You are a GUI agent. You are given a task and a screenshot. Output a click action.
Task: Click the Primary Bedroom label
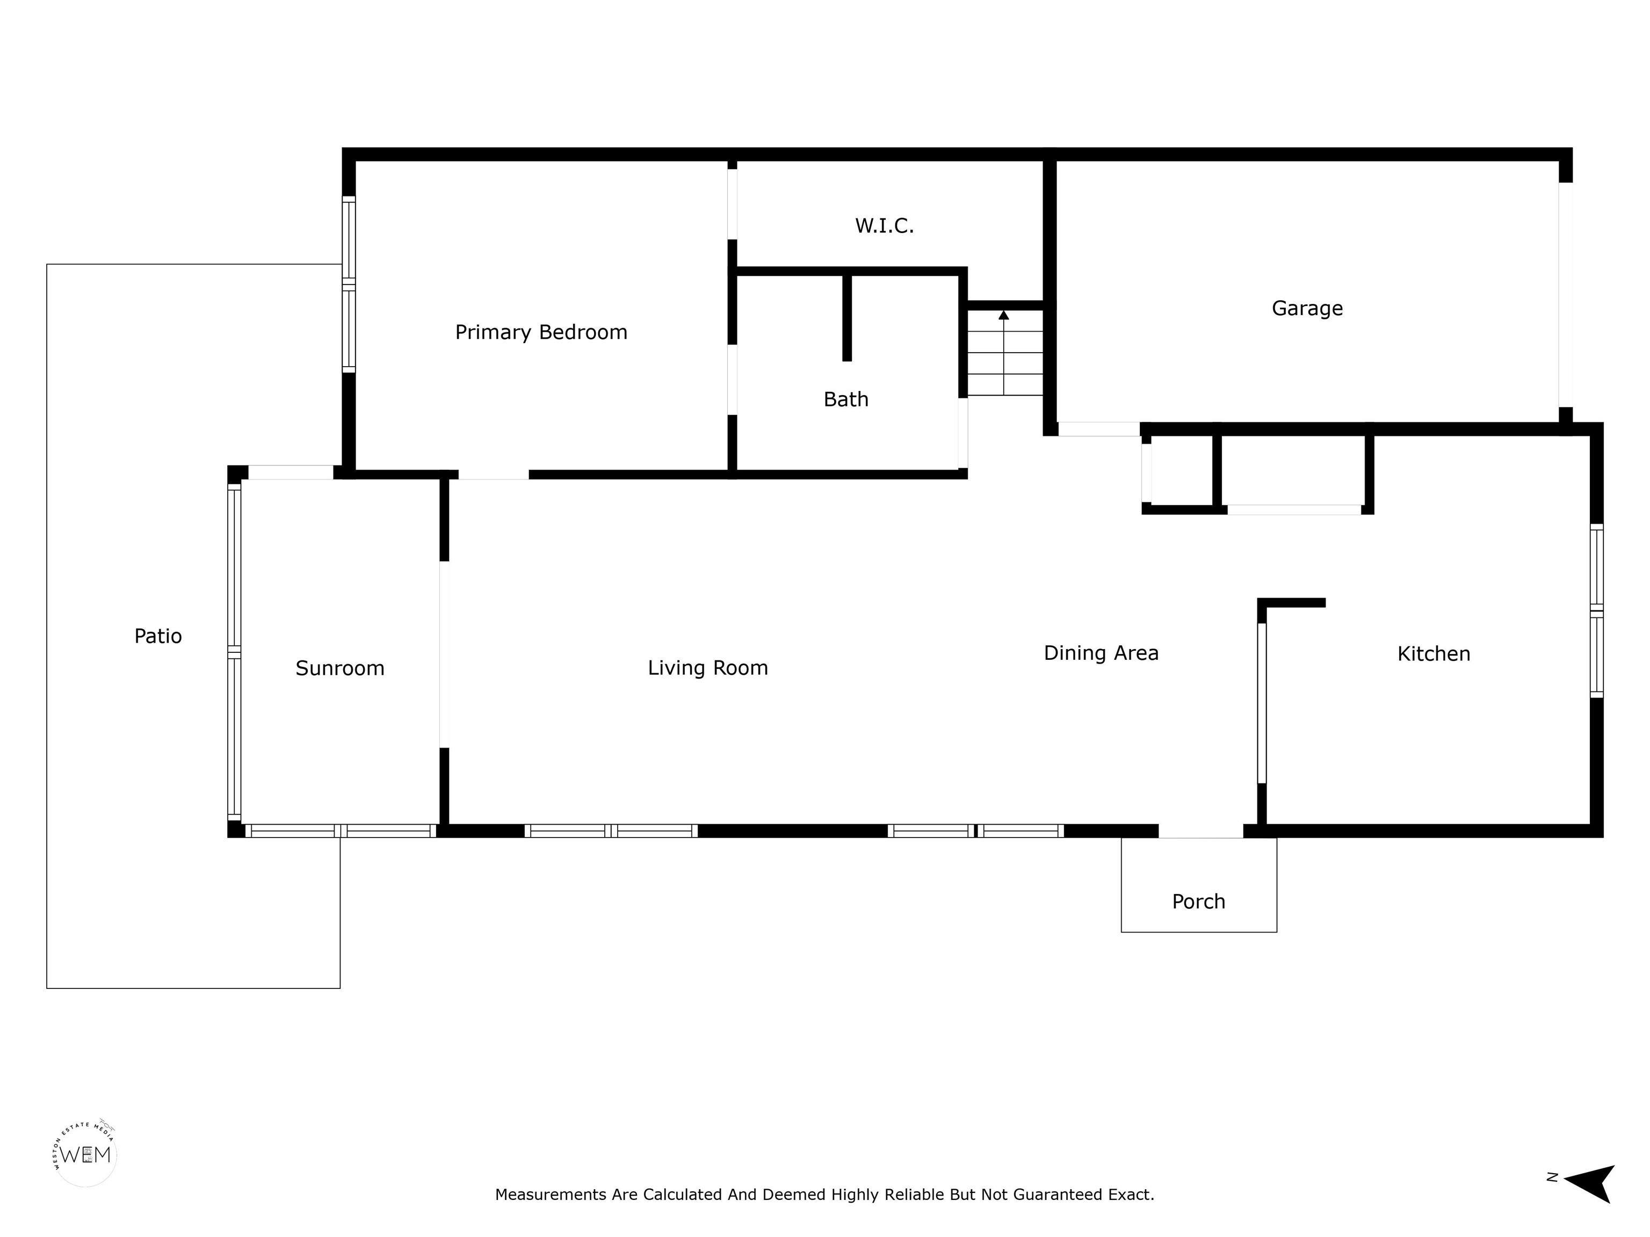point(541,332)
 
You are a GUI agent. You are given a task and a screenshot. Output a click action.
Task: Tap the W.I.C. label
point(885,225)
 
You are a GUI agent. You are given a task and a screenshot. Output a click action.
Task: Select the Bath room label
point(846,399)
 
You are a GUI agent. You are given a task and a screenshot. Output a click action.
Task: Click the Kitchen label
point(1434,654)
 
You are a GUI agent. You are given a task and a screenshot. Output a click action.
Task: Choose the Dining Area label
point(1101,653)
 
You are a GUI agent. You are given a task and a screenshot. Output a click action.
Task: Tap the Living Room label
point(708,668)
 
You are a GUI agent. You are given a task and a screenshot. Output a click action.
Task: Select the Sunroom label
point(340,668)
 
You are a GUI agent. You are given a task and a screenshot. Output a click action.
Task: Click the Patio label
point(158,636)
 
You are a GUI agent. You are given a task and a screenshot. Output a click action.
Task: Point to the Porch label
point(1199,902)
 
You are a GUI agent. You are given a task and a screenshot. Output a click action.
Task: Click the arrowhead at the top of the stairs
point(1004,315)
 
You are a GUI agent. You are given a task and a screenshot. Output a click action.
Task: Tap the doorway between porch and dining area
point(1200,831)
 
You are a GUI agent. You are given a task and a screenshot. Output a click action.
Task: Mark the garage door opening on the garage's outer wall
point(1566,295)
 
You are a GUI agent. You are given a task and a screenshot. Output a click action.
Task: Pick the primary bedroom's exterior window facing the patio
point(349,284)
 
